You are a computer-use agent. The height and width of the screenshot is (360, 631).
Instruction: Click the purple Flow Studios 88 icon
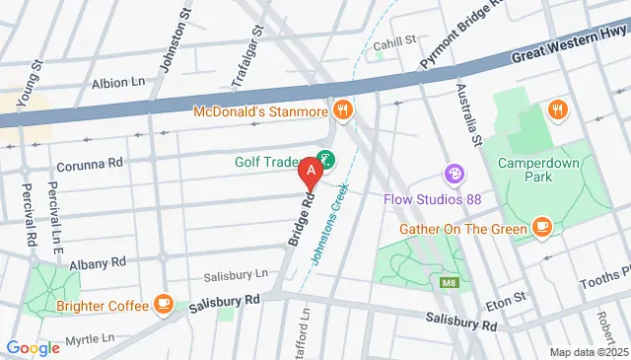[455, 174]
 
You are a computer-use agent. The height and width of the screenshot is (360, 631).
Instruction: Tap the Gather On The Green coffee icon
[540, 228]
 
